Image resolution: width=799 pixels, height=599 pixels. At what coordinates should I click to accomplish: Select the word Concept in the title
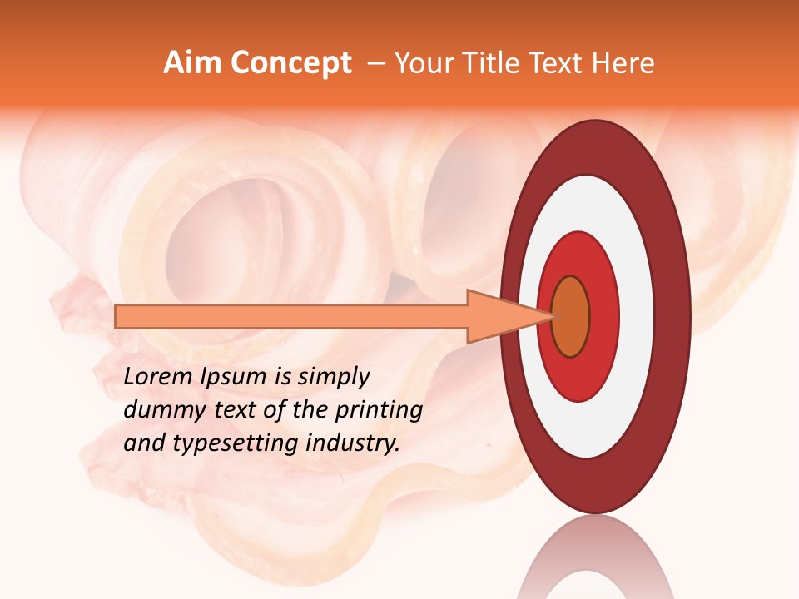pyautogui.click(x=290, y=63)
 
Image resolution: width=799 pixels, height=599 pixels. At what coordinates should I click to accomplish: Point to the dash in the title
pyautogui.click(x=375, y=64)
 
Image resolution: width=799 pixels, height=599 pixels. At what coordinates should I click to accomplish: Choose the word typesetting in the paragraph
pyautogui.click(x=236, y=444)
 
